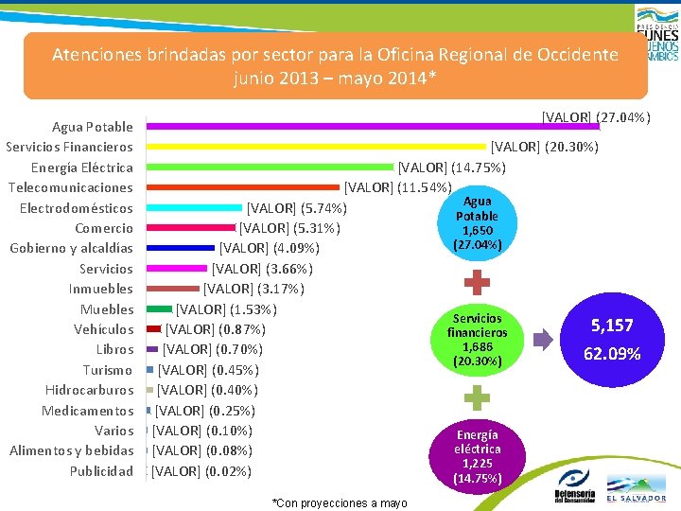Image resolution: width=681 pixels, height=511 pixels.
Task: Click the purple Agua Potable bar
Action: (x=374, y=126)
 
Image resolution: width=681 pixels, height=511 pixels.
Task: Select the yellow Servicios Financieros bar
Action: (x=317, y=146)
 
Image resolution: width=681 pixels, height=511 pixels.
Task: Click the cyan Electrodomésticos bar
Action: (x=195, y=207)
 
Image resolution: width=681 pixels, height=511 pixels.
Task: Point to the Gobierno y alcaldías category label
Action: (x=71, y=248)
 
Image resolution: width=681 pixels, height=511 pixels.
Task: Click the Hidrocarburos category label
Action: (x=89, y=390)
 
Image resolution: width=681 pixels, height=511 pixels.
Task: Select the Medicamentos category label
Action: (x=87, y=411)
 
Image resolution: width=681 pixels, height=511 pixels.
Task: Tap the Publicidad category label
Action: (x=101, y=471)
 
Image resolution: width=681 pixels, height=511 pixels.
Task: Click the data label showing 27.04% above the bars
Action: (x=595, y=117)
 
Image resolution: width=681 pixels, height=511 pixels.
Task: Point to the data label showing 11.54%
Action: (x=398, y=186)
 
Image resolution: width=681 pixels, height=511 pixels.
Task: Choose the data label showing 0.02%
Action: (x=201, y=471)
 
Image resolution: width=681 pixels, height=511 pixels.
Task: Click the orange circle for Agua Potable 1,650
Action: (x=478, y=223)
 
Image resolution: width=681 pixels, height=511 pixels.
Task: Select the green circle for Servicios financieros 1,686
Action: (x=478, y=340)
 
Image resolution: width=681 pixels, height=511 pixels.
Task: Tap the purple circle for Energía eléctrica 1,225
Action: (x=478, y=455)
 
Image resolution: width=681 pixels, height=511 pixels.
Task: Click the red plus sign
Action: (x=478, y=283)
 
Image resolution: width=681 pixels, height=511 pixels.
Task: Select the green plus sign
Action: (x=478, y=397)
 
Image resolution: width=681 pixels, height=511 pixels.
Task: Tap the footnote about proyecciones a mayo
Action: (x=339, y=502)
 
